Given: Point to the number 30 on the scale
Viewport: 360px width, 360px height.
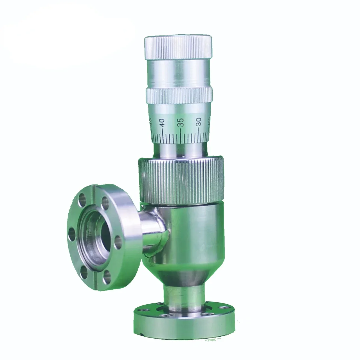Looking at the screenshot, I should (x=199, y=121).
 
